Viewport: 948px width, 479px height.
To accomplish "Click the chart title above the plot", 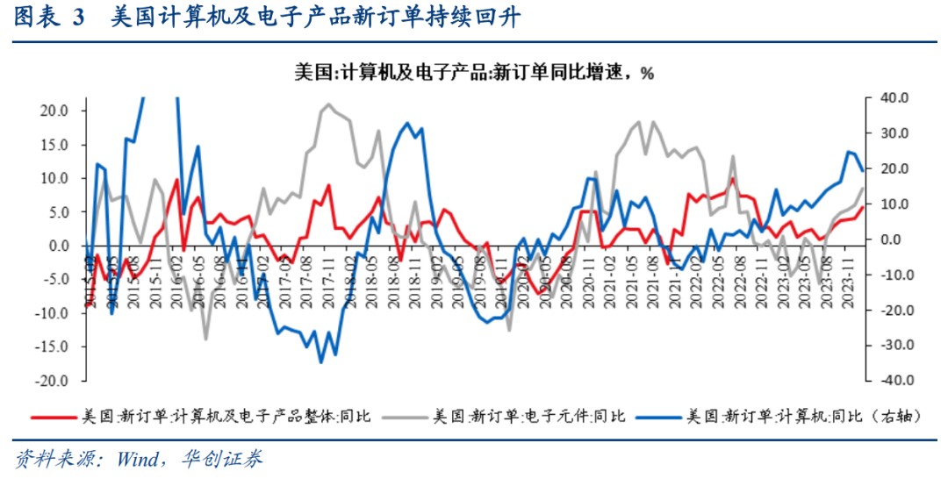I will click(474, 73).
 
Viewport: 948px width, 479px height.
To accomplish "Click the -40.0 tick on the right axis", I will click(890, 382).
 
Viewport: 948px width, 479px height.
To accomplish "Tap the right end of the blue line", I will click(862, 169).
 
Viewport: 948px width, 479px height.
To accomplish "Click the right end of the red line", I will click(862, 207).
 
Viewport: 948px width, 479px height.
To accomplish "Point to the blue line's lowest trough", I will click(321, 361).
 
